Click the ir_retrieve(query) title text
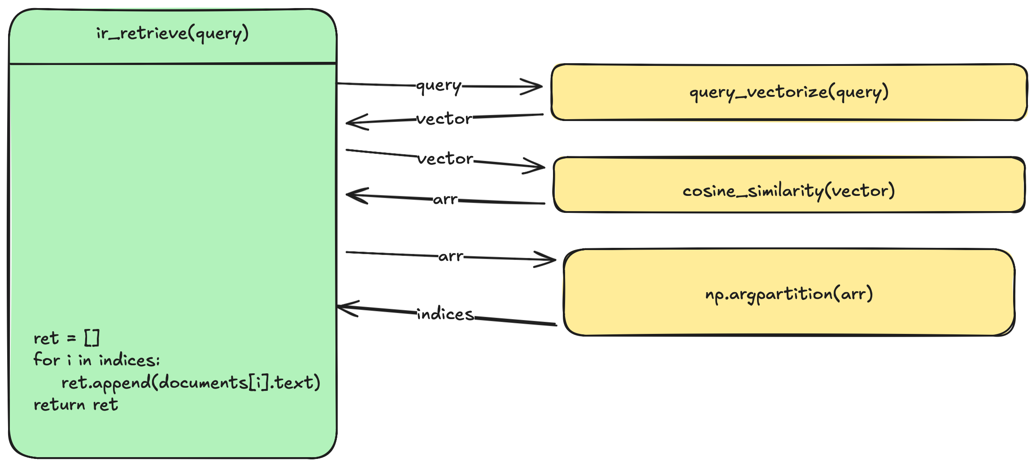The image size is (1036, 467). coord(172,34)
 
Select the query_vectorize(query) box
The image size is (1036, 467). coord(789,92)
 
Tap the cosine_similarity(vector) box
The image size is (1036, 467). coord(789,185)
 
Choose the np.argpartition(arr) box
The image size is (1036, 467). coord(789,292)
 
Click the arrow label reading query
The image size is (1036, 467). coord(439,85)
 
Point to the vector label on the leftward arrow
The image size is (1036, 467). coord(444,119)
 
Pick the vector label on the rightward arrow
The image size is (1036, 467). coord(445,159)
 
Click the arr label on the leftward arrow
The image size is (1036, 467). coord(445,199)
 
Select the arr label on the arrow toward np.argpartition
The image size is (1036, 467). coord(450,256)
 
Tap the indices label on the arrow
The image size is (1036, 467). coord(445,314)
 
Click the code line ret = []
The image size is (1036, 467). coord(66,338)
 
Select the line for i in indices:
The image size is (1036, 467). coord(96,360)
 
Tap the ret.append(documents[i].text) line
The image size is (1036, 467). coord(191,382)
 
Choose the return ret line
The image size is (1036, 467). coord(76,405)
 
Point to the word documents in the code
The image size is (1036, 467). coord(203,382)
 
